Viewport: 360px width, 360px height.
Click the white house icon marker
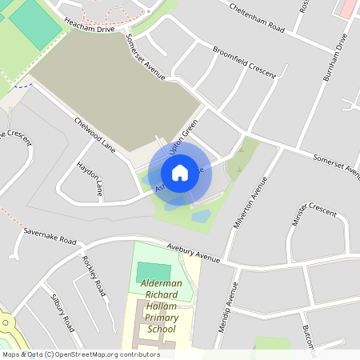tap(180, 172)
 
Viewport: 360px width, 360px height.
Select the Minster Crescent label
tap(314, 214)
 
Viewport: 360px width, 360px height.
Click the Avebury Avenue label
tap(193, 252)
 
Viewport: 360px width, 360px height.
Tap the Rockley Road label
tap(94, 275)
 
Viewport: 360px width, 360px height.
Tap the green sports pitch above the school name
tap(154, 272)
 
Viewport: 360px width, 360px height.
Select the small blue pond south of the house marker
tap(200, 216)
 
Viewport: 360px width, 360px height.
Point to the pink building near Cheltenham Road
tap(347, 8)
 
